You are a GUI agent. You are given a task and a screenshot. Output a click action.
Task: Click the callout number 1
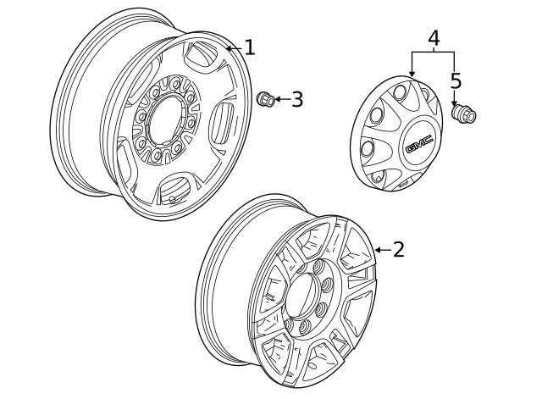(249, 47)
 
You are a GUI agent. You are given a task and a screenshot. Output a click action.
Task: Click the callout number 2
(397, 249)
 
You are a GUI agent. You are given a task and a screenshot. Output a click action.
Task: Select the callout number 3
(296, 100)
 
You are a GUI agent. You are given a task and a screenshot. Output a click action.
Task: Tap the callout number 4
(434, 38)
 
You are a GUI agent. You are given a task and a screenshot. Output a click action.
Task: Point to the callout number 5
(456, 81)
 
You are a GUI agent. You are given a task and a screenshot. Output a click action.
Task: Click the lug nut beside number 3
(263, 99)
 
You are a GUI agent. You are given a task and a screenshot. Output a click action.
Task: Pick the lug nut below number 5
(462, 113)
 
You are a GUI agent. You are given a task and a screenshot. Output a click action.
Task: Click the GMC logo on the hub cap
(418, 147)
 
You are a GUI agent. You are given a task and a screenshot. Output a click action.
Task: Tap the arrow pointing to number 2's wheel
(380, 250)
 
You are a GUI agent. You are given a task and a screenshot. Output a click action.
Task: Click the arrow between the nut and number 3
(280, 100)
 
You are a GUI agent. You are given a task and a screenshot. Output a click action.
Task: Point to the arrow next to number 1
(232, 48)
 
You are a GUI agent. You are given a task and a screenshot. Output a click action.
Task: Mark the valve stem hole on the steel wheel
(173, 201)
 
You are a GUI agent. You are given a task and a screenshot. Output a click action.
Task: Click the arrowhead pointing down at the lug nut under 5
(455, 101)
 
